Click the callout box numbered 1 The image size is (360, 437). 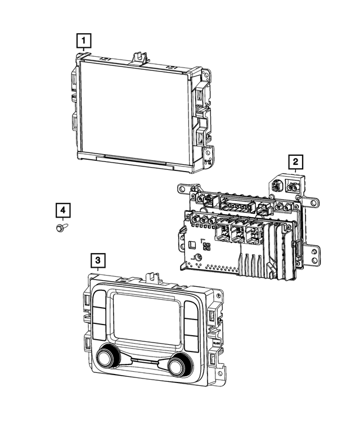83,40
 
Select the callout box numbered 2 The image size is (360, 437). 295,163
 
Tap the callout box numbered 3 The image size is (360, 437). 98,260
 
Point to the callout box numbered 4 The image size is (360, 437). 64,210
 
